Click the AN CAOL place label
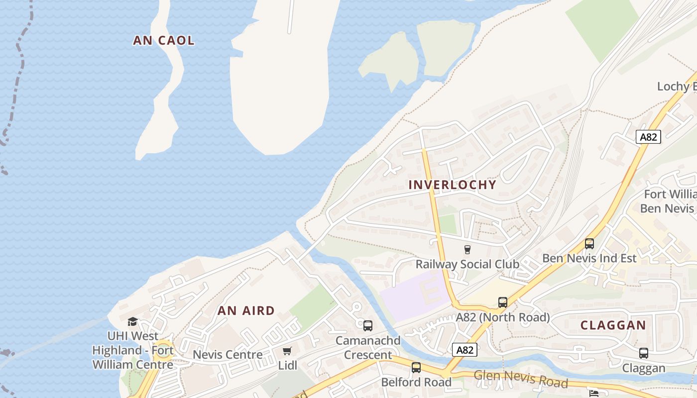click(163, 41)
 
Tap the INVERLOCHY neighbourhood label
click(452, 185)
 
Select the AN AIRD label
click(246, 311)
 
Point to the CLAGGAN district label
click(613, 326)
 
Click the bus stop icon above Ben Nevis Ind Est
click(589, 244)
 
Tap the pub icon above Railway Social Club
click(467, 249)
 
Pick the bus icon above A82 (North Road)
click(503, 302)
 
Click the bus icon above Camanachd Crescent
click(367, 326)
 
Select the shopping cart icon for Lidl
click(287, 351)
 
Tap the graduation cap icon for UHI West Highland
click(132, 322)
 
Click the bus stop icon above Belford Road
click(416, 368)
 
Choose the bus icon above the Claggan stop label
click(644, 354)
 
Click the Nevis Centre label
click(228, 355)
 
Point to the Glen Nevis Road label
click(520, 379)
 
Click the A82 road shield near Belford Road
click(465, 350)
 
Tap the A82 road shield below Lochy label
click(648, 137)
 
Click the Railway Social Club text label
click(467, 264)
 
